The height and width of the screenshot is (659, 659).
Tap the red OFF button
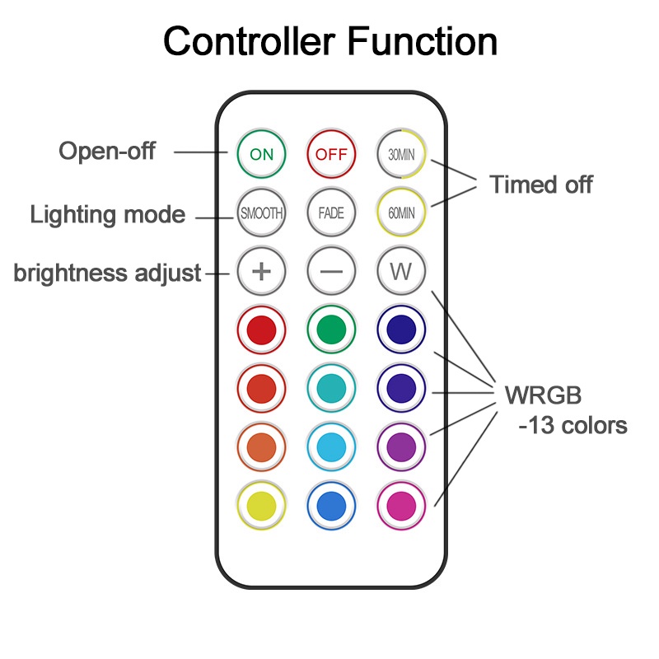click(331, 153)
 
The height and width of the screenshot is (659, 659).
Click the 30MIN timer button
click(401, 153)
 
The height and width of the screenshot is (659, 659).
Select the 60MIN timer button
click(401, 213)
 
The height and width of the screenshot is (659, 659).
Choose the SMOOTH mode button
click(261, 213)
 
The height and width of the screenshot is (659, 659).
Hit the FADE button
click(331, 213)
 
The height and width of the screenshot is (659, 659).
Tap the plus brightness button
click(261, 271)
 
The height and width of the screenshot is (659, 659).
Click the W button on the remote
click(401, 271)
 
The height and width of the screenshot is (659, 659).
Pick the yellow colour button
click(261, 502)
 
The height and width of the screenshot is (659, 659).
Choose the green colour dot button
click(331, 329)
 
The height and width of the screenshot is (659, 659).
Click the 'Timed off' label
click(541, 185)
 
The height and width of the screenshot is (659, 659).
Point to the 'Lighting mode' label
click(107, 215)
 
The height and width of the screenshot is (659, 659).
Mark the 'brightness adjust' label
click(107, 273)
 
